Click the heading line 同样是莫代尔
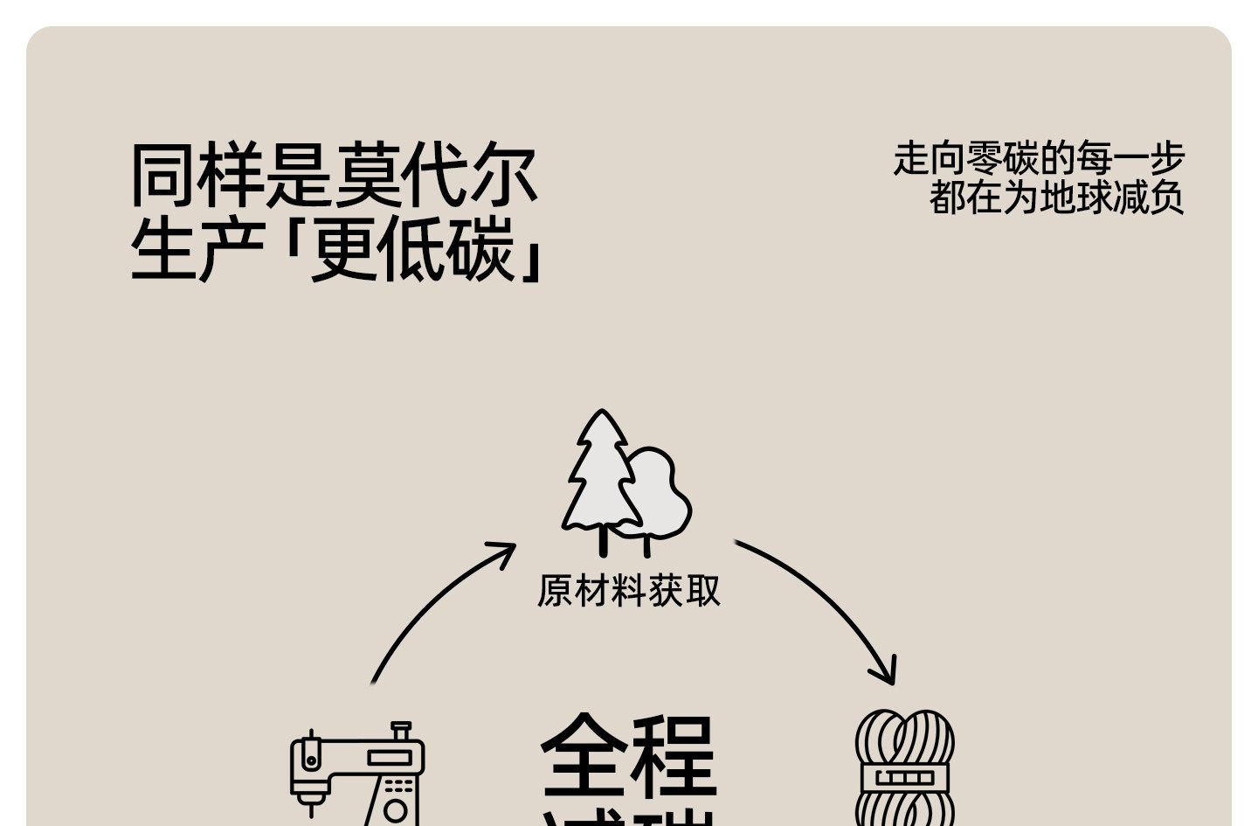333,176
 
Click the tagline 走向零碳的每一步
1038,159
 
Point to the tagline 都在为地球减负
1056,198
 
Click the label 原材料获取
629,591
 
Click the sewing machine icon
357,774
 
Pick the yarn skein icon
905,769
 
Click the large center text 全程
629,755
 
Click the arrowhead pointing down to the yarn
887,674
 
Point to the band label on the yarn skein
905,777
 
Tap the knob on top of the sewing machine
401,728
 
